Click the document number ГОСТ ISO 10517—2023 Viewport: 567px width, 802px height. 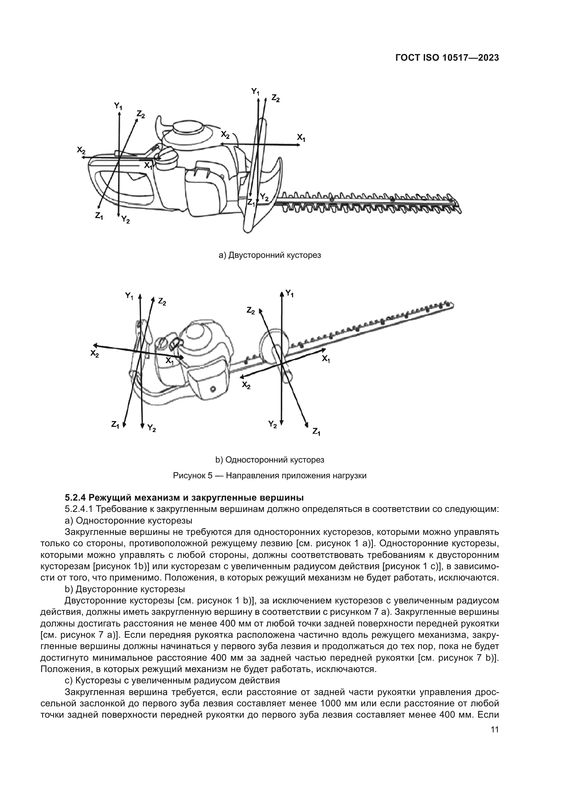point(447,58)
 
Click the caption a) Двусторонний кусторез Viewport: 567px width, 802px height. point(269,255)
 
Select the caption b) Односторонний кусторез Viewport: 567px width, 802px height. point(269,460)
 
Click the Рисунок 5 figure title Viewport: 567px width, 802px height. point(269,476)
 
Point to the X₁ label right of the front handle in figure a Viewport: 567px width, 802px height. point(301,138)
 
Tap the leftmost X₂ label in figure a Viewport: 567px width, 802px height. point(81,150)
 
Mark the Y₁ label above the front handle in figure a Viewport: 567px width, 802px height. point(255,92)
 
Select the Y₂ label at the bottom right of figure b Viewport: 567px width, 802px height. point(272,425)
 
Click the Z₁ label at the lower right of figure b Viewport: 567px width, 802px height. point(316,432)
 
